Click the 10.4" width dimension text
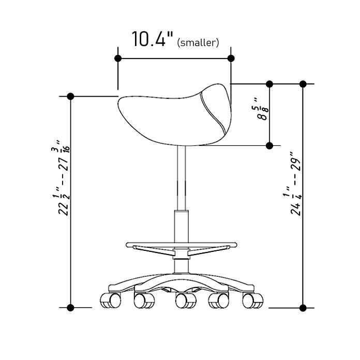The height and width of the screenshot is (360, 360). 152,39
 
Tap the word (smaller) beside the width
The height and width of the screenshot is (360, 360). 198,43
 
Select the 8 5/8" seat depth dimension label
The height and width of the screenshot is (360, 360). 262,109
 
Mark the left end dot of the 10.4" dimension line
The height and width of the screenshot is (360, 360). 118,58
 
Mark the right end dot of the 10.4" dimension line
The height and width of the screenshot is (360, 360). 231,58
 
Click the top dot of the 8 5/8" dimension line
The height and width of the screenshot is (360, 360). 269,84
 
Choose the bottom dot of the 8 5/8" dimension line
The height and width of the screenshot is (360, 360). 269,145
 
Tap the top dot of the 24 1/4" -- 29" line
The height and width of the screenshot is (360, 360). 303,84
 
